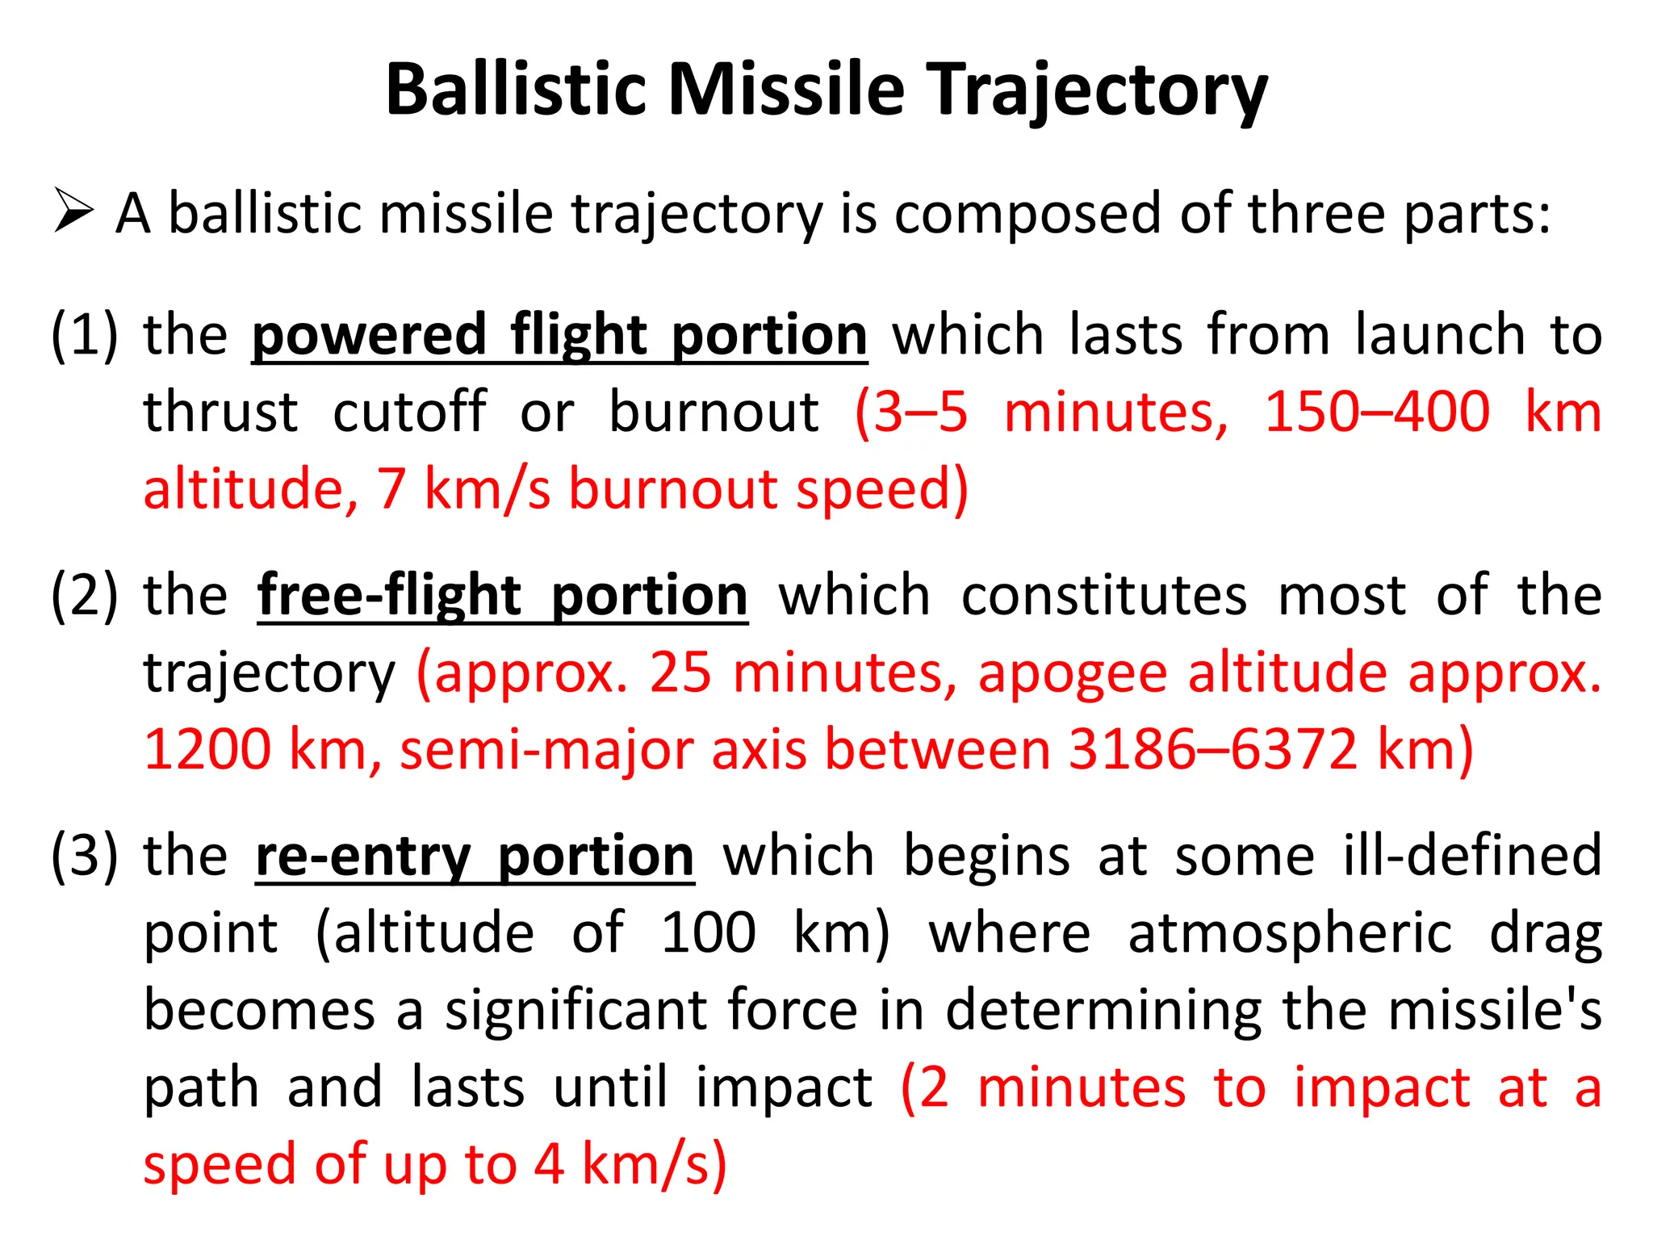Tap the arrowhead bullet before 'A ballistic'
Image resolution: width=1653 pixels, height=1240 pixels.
tap(73, 211)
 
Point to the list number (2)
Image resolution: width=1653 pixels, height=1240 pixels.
tap(84, 596)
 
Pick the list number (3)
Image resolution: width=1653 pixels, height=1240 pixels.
tap(84, 856)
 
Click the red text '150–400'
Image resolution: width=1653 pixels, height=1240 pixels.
tap(1376, 413)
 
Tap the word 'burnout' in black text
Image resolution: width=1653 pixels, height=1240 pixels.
tap(714, 413)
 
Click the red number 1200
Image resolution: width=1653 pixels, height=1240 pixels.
tap(207, 750)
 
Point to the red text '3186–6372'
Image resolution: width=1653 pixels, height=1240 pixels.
tap(1213, 750)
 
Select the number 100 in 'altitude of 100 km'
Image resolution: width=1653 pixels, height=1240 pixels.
tap(708, 933)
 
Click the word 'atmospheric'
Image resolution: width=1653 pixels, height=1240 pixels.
tap(1290, 933)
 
